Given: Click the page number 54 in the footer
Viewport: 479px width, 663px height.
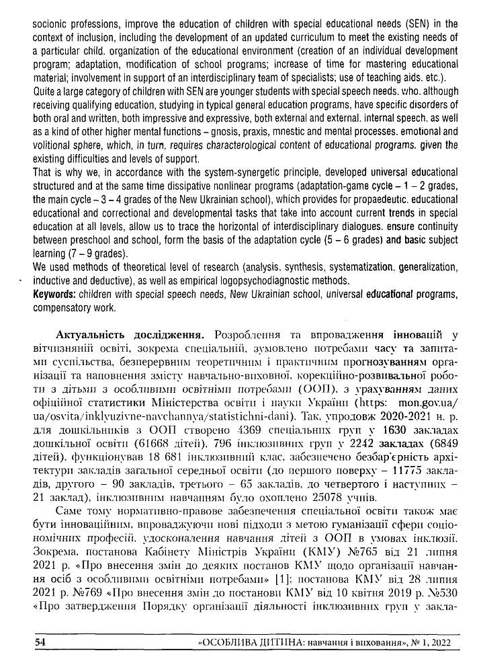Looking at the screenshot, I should tap(40, 643).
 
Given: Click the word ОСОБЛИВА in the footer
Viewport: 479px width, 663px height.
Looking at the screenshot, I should tap(232, 643).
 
